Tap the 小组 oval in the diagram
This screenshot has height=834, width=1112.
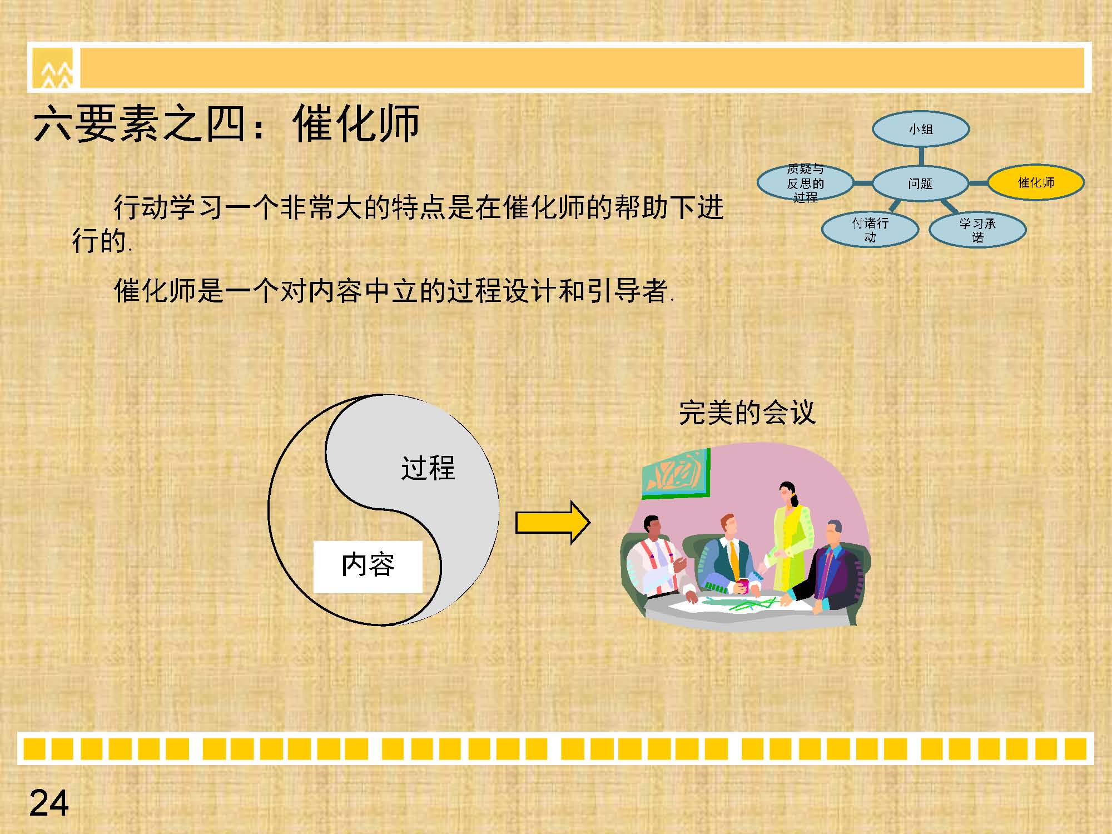(921, 129)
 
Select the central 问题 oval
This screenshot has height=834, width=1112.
(921, 183)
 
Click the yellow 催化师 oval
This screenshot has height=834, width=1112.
(1036, 182)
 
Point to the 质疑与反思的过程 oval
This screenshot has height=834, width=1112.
(805, 183)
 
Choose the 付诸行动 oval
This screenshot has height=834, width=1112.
(870, 230)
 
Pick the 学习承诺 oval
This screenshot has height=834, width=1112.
(977, 230)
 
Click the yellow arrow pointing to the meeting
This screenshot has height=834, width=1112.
(553, 522)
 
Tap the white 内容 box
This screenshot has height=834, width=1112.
(368, 567)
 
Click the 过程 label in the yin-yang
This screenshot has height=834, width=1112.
(428, 468)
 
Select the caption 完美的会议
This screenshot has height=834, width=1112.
(747, 413)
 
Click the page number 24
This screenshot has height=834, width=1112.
(49, 803)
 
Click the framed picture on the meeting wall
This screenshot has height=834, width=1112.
(676, 473)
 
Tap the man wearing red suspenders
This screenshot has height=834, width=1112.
(659, 562)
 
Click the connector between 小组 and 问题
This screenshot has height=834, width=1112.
(921, 156)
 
